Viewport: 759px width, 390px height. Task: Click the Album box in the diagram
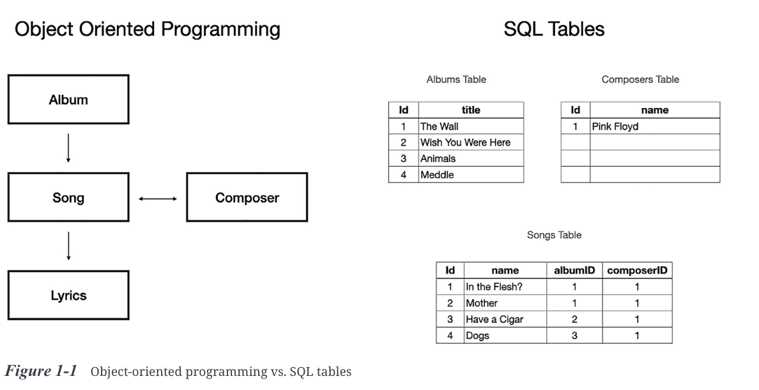tap(68, 100)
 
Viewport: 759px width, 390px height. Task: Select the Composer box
tap(247, 198)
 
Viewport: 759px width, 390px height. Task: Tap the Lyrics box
tap(68, 295)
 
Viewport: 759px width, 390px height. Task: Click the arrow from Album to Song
tap(68, 148)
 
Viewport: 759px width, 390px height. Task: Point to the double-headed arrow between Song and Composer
tap(158, 198)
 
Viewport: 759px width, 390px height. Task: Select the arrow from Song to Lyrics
tap(68, 246)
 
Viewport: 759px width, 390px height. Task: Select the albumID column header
tap(574, 270)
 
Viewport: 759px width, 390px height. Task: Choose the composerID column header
tap(637, 270)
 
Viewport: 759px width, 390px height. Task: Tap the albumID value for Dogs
tap(574, 335)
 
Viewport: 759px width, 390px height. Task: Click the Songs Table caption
tap(554, 235)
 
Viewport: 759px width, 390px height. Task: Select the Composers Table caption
tap(640, 80)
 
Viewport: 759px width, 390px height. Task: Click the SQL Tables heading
tap(554, 29)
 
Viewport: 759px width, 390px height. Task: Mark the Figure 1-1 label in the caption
tap(40, 371)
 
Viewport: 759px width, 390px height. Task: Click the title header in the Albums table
tap(471, 110)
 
